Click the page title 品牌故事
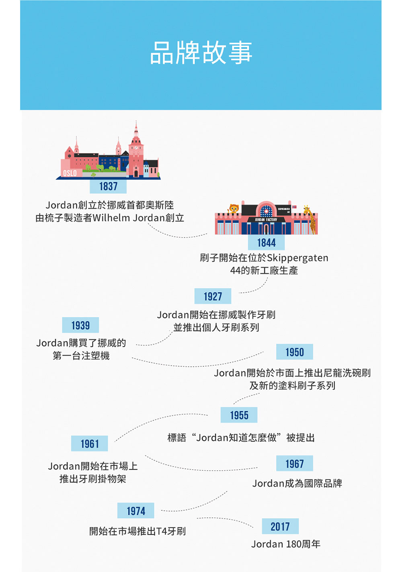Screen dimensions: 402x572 201,53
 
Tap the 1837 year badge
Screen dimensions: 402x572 108,186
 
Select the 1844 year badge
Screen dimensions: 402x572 266,242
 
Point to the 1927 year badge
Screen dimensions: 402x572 213,296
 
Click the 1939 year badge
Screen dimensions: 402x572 80,325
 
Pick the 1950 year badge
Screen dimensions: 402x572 295,352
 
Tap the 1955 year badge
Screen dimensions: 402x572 239,415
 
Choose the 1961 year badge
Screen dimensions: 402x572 90,444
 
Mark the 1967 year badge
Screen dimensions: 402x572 295,463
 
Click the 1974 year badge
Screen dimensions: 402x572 136,511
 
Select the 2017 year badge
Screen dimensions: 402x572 280,526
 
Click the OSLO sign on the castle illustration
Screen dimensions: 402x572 70,173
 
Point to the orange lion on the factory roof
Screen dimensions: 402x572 233,208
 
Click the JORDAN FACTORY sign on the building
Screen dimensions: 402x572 266,220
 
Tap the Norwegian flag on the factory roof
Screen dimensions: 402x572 294,207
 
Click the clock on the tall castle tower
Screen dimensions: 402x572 136,148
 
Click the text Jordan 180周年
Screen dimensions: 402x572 286,544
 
